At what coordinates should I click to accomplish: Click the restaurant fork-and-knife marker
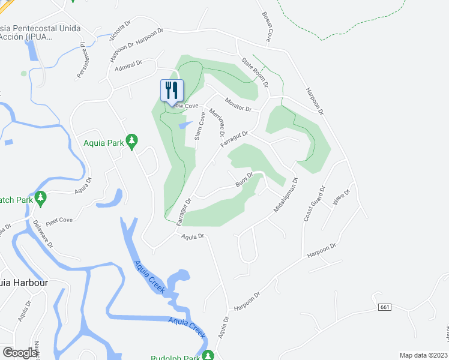[x=172, y=91]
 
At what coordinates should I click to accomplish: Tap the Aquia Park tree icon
[x=133, y=141]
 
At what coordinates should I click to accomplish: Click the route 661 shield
[x=385, y=307]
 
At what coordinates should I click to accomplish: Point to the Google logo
[x=20, y=353]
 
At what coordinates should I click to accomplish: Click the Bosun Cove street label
[x=266, y=26]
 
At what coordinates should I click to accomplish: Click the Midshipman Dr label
[x=285, y=196]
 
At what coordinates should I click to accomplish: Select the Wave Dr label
[x=342, y=196]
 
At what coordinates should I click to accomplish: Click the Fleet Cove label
[x=59, y=220]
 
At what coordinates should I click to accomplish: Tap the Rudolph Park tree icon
[x=208, y=355]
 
